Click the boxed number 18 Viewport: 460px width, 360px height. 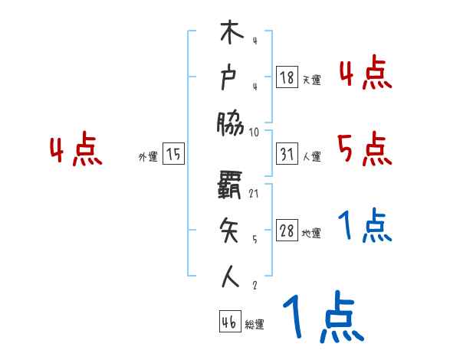click(x=287, y=77)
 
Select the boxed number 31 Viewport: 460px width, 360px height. click(x=287, y=155)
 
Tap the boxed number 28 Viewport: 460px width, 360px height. click(x=287, y=231)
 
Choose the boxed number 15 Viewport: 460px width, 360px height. click(x=173, y=155)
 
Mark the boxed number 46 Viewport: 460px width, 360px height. click(x=228, y=322)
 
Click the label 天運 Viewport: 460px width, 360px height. click(x=312, y=80)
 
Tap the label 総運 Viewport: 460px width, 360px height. click(x=255, y=325)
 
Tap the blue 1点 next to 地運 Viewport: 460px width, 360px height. click(x=365, y=226)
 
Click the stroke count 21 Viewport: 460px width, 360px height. click(x=255, y=195)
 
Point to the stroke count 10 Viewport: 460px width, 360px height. click(x=255, y=131)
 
